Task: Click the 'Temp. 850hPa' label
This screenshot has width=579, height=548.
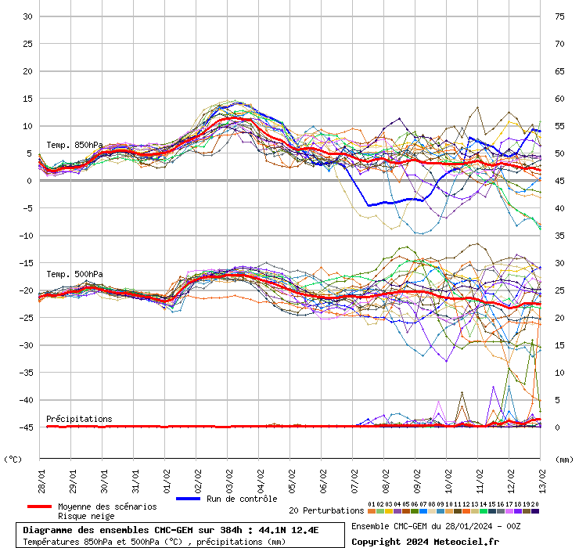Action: pyautogui.click(x=74, y=145)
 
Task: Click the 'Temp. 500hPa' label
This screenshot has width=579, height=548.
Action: pyautogui.click(x=74, y=274)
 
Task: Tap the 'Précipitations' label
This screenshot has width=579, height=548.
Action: pyautogui.click(x=79, y=419)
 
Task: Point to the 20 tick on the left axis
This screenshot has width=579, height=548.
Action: pyautogui.click(x=27, y=71)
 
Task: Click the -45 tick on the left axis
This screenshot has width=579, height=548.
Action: pyautogui.click(x=25, y=427)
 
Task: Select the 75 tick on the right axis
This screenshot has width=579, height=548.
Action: pyautogui.click(x=559, y=16)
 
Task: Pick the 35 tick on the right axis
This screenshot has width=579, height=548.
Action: pyautogui.click(x=559, y=236)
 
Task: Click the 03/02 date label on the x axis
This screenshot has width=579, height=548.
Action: pyautogui.click(x=229, y=478)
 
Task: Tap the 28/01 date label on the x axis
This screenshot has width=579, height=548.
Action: pyautogui.click(x=41, y=478)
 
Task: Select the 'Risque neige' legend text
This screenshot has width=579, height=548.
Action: pyautogui.click(x=85, y=517)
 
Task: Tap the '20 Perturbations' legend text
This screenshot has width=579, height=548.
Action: pyautogui.click(x=326, y=510)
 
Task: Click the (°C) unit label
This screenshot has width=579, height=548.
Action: pyautogui.click(x=13, y=460)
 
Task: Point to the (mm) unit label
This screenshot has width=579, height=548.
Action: pyautogui.click(x=564, y=460)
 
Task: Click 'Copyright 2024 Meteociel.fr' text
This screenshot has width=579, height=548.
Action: pyautogui.click(x=425, y=541)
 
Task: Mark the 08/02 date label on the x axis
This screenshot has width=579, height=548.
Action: pyautogui.click(x=386, y=478)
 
